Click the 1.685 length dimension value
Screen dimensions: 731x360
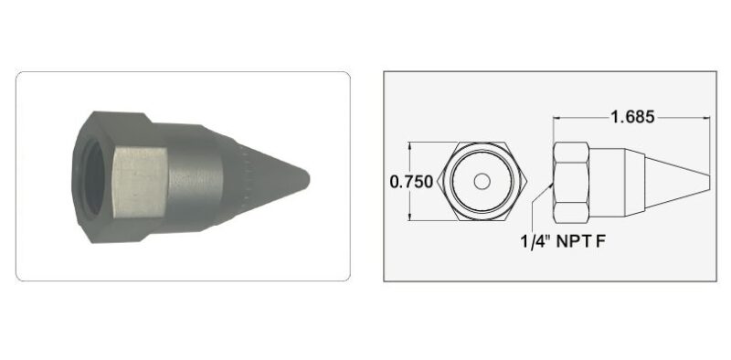pyautogui.click(x=632, y=117)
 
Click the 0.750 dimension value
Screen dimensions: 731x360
pyautogui.click(x=411, y=182)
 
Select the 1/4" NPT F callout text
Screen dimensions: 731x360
pyautogui.click(x=563, y=241)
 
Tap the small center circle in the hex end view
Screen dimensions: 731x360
pyautogui.click(x=482, y=182)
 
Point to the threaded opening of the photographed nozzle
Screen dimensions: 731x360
pyautogui.click(x=94, y=178)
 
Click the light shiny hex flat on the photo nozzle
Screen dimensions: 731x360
pyautogui.click(x=140, y=182)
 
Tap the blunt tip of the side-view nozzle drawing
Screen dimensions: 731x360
pyautogui.click(x=709, y=183)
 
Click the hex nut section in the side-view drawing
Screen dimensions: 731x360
pyautogui.click(x=570, y=183)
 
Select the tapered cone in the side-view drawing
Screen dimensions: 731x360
pyautogui.click(x=677, y=183)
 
